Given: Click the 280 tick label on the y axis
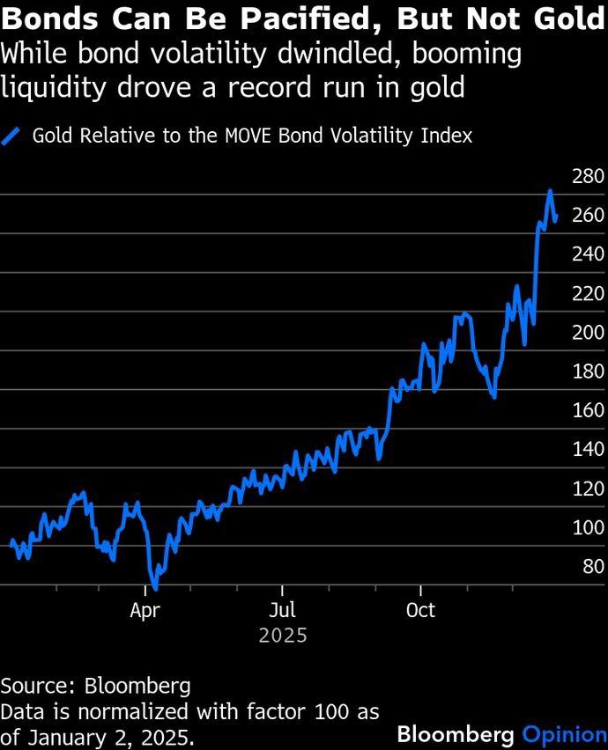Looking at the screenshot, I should pyautogui.click(x=589, y=176).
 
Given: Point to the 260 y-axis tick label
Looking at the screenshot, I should pyautogui.click(x=589, y=216).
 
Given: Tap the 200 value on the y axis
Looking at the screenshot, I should pyautogui.click(x=589, y=333).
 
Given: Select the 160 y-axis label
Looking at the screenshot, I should pyautogui.click(x=589, y=410).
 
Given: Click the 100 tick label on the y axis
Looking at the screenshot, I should pyautogui.click(x=589, y=527).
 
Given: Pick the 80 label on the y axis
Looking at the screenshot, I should pyautogui.click(x=593, y=566).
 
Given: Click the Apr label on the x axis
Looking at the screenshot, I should pyautogui.click(x=145, y=611).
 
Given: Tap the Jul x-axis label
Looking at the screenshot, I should pyautogui.click(x=282, y=611).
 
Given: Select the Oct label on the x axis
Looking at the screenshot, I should pyautogui.click(x=420, y=611).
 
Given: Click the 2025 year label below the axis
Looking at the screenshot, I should pyautogui.click(x=282, y=635).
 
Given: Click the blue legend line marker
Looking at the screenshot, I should pyautogui.click(x=11, y=136).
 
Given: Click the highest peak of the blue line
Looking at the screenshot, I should pyautogui.click(x=550, y=191).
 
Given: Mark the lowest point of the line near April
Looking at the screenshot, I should pyautogui.click(x=155, y=588).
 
